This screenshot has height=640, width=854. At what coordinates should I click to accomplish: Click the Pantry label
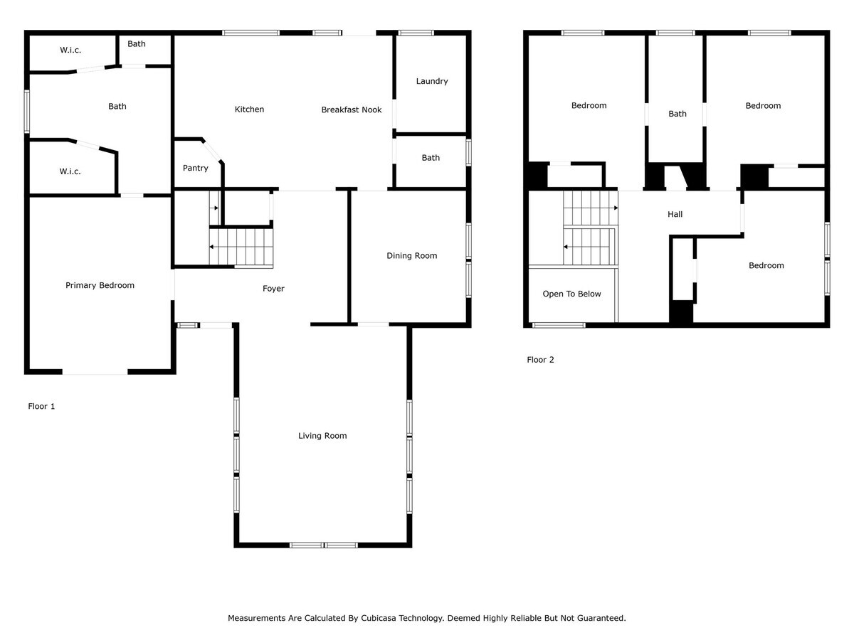[196, 169]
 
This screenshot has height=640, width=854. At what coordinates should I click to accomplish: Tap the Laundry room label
[432, 81]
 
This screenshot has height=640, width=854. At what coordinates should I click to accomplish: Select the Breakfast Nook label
[352, 110]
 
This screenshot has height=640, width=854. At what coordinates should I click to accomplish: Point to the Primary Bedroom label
[100, 285]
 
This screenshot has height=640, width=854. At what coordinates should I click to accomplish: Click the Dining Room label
[412, 255]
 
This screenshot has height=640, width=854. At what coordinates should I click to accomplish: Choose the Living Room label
[322, 435]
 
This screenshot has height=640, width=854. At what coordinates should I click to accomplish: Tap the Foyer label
[273, 289]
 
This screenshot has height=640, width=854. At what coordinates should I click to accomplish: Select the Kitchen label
[249, 110]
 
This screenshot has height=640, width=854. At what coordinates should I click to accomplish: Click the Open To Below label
[571, 294]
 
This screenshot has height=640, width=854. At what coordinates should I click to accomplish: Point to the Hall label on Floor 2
[675, 214]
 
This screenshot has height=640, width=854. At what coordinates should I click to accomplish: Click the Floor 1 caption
[41, 406]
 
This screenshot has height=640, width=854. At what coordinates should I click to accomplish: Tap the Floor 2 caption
[540, 360]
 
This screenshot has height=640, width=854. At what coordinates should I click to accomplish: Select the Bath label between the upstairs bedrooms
[678, 114]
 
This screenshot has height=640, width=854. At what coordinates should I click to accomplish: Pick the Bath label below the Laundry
[431, 158]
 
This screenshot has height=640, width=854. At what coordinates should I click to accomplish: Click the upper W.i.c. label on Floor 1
[70, 50]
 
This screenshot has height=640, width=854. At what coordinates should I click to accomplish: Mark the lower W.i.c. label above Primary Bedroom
[70, 171]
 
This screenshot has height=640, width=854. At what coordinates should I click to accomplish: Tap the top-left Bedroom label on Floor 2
[589, 105]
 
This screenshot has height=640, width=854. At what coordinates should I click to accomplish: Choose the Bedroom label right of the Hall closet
[766, 265]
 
